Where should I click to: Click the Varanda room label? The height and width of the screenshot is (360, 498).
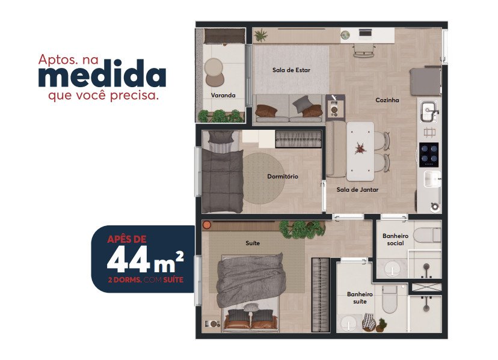(x=223, y=95)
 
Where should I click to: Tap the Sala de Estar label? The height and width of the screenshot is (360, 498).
(x=291, y=70)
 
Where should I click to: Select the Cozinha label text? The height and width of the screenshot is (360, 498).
(x=387, y=100)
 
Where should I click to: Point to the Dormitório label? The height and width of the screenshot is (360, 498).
(x=283, y=176)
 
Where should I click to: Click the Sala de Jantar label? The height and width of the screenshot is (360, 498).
(x=358, y=189)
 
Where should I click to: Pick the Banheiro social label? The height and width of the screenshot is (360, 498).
(x=395, y=240)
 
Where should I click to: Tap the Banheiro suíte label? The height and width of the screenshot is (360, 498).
(x=360, y=297)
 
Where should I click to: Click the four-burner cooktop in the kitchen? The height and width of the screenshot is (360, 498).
(x=429, y=154)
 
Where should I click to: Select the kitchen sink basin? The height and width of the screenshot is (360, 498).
(x=429, y=111)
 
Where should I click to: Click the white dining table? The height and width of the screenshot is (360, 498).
(x=360, y=151)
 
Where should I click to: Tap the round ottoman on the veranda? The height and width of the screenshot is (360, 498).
(x=214, y=67)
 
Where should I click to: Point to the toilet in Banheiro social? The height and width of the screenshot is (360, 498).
(x=427, y=235)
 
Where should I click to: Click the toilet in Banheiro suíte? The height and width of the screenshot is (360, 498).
(x=389, y=299)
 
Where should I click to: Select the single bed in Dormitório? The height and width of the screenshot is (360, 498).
(x=222, y=171)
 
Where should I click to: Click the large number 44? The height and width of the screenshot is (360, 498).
(x=128, y=259)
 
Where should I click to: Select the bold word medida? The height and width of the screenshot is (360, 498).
(x=102, y=74)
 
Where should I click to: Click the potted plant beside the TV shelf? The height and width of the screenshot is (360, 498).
(x=261, y=35)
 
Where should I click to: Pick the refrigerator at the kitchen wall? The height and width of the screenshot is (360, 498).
(x=426, y=81)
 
